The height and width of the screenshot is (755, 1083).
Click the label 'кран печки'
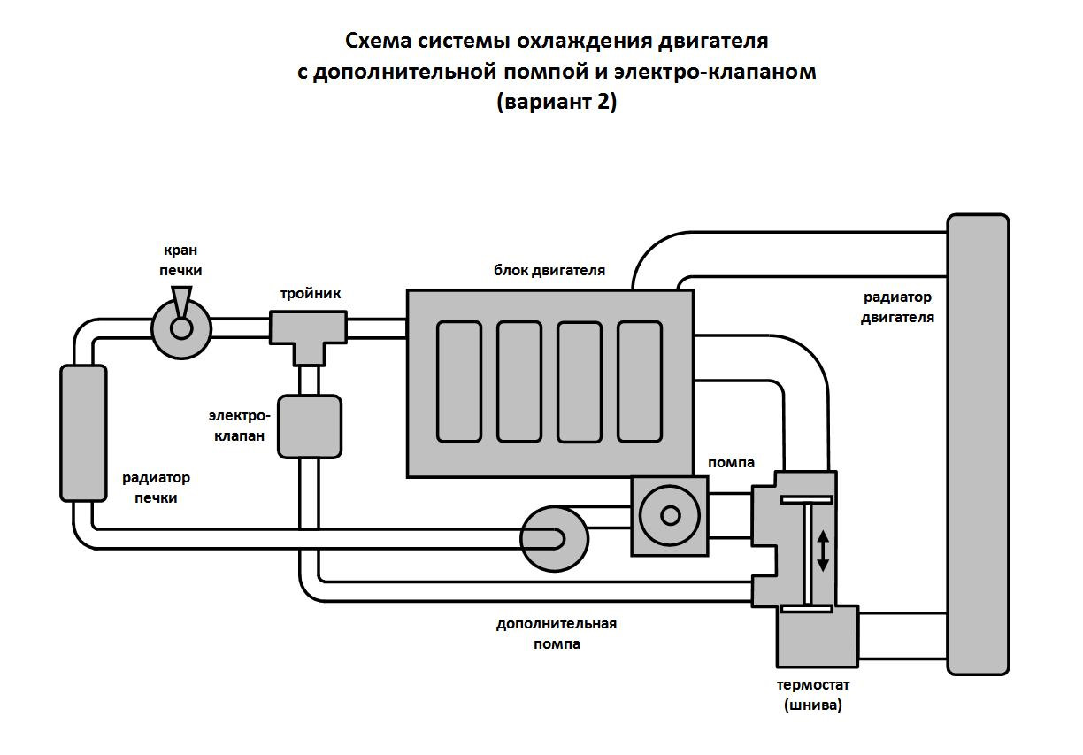point(181,260)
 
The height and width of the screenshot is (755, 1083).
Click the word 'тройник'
point(311,293)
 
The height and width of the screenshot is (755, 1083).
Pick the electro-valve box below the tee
point(310,427)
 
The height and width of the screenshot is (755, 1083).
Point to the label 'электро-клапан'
point(237,425)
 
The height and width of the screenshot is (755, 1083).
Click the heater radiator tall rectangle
point(83,434)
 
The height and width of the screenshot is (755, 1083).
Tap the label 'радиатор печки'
point(156,488)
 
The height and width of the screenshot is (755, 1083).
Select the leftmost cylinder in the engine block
point(459,381)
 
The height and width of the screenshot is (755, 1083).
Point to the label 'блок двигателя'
point(549,270)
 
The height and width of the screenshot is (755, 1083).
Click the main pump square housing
point(670,515)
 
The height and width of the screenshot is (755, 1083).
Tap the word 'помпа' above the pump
point(731,462)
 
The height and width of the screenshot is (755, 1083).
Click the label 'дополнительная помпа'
point(557,634)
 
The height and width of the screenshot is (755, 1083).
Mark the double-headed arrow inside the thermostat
point(823,551)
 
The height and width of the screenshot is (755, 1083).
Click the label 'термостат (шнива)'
point(813,695)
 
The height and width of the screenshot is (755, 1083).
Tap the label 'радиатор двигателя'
point(897,307)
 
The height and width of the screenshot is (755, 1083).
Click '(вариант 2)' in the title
point(557,102)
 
